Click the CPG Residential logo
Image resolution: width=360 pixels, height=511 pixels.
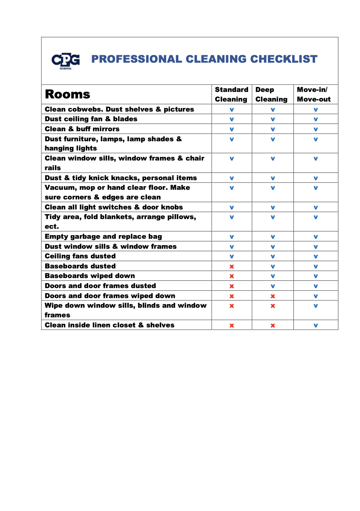click(65, 61)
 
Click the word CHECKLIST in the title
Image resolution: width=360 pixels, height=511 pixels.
click(284, 59)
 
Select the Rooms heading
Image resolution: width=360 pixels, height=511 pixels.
click(67, 94)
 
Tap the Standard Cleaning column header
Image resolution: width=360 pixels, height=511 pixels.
click(231, 94)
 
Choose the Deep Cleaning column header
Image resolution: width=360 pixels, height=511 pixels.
click(271, 94)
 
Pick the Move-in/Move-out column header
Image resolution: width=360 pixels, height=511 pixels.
click(314, 94)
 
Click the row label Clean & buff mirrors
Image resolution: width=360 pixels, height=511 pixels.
click(82, 129)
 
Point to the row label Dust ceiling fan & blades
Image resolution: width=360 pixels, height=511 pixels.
click(91, 119)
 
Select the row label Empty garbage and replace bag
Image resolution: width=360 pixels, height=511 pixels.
click(103, 237)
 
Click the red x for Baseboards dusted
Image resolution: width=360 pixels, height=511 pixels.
click(232, 266)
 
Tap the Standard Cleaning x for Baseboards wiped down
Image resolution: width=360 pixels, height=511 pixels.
click(232, 276)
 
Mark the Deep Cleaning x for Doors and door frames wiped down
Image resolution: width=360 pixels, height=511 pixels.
click(273, 296)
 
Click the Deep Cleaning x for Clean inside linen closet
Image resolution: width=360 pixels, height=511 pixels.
click(273, 325)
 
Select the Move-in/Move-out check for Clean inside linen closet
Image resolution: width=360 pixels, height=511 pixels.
click(316, 325)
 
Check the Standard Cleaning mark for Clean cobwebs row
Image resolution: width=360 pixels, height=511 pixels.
click(232, 109)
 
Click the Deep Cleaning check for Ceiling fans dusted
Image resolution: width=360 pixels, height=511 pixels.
click(273, 257)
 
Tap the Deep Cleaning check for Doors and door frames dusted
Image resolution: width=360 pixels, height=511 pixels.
click(273, 286)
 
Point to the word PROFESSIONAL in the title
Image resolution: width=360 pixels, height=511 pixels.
click(136, 59)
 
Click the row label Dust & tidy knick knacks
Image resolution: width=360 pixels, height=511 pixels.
click(121, 178)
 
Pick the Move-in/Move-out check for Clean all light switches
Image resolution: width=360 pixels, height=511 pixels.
click(316, 208)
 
